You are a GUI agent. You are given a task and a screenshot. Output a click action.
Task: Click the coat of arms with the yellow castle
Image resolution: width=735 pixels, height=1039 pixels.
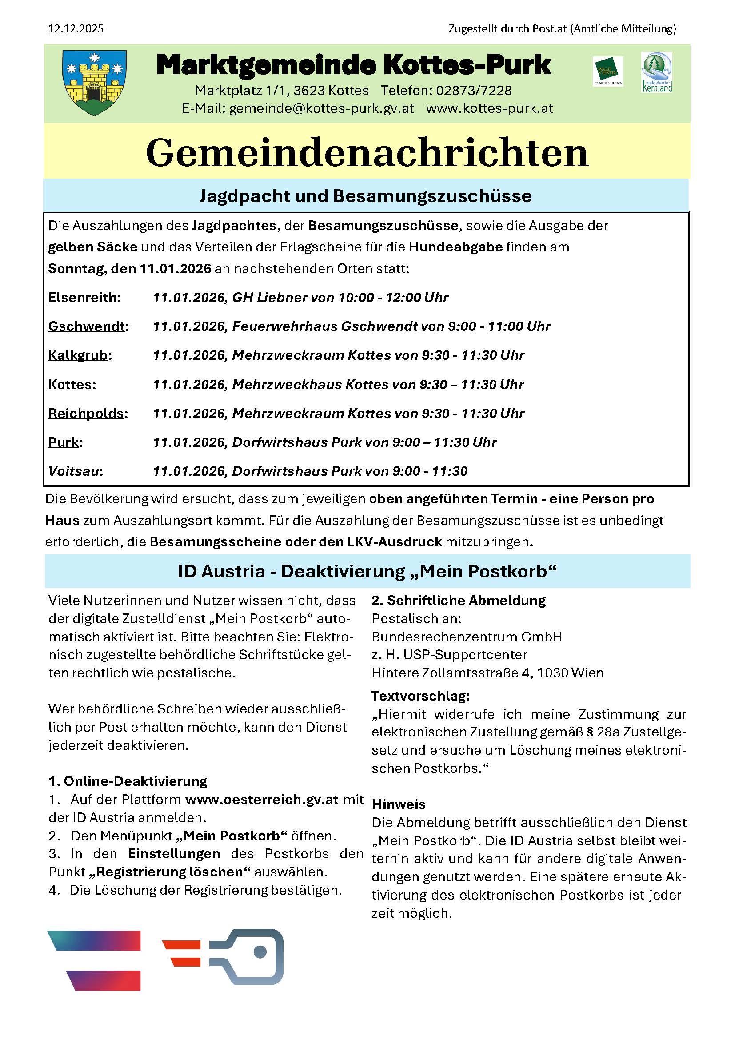pos(94,82)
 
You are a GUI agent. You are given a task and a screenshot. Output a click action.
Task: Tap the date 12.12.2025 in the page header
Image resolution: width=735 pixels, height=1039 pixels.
pos(76,29)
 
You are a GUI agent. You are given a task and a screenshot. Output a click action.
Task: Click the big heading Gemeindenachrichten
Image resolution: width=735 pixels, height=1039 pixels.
pos(367,153)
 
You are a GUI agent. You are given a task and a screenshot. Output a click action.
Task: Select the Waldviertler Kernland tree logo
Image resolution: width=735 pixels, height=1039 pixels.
pos(656,72)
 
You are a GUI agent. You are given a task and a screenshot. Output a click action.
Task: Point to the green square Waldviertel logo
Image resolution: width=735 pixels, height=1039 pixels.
pos(608,71)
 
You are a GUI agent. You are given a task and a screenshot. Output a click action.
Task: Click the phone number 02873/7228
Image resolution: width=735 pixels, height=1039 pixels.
pos(473,91)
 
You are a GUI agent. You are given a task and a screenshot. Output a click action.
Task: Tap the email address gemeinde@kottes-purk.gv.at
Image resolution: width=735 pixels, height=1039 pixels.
pos(321,108)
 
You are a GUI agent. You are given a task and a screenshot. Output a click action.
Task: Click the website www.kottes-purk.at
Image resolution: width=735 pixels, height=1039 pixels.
pos(489,108)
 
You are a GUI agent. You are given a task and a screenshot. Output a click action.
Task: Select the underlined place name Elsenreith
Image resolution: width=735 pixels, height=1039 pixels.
pos(83,297)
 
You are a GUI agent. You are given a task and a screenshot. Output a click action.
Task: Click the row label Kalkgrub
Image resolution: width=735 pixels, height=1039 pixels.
pos(78,355)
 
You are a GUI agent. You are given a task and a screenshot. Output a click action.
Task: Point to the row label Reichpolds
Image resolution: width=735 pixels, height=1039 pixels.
pos(87,413)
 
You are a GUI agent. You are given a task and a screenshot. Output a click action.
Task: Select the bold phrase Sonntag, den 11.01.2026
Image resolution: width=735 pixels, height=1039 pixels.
pos(129,269)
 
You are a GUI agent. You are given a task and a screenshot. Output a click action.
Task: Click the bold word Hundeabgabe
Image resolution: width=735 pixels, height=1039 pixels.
pos(455,247)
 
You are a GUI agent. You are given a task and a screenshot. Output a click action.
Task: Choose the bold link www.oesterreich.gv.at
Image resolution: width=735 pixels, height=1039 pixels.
pos(262,799)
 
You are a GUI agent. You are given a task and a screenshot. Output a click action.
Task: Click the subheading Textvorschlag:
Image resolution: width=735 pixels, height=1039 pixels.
pos(420,696)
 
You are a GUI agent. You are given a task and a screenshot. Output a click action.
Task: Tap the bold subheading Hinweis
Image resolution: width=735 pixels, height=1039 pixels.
pos(398,804)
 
